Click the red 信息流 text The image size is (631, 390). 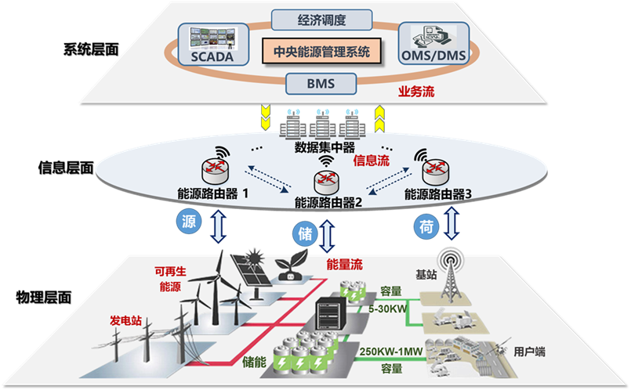(x=372, y=161)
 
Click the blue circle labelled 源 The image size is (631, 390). (x=188, y=222)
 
